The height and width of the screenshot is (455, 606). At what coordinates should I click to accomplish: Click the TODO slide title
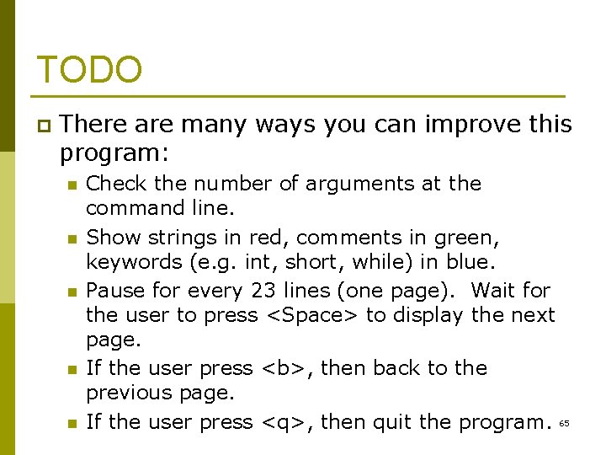point(89,70)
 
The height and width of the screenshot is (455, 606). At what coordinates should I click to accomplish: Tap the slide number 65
point(564,423)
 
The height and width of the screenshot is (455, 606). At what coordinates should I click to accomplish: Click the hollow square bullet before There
point(43,126)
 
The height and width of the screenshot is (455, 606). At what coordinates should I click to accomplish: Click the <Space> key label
point(311,315)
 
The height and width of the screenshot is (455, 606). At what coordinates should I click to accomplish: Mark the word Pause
point(114,290)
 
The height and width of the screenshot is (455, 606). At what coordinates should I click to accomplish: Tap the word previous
point(129,393)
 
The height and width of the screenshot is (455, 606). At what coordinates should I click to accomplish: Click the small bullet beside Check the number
point(72,185)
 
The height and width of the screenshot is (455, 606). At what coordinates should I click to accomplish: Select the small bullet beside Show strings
point(72,238)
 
